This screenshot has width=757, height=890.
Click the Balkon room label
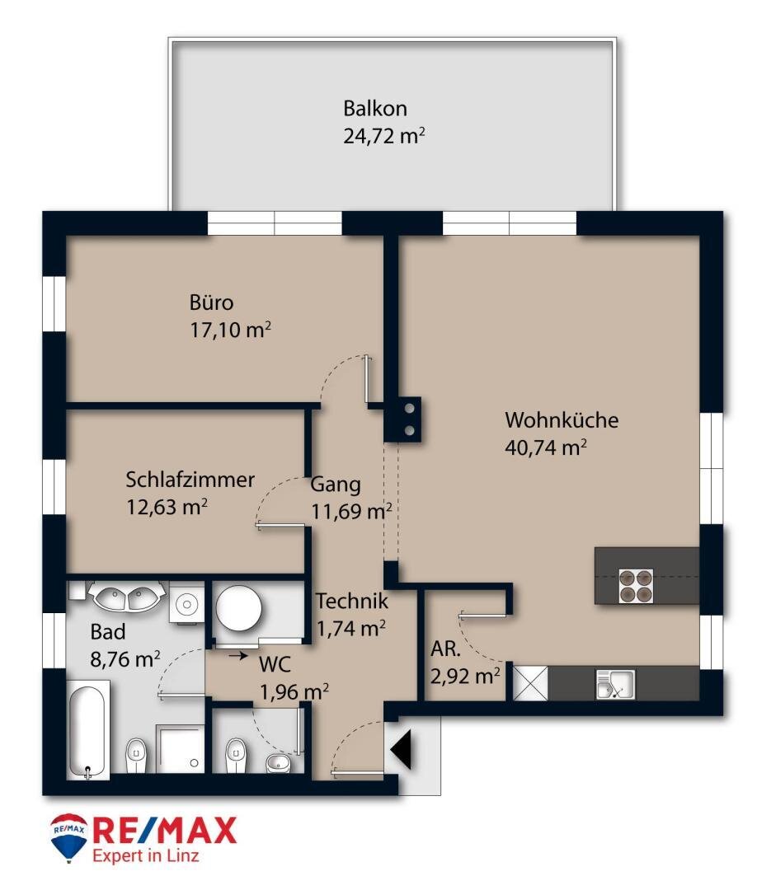coord(375,109)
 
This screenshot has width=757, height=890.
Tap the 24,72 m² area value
coord(384,135)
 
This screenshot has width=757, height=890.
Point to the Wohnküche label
coord(562,420)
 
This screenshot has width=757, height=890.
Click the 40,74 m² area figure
coord(546,447)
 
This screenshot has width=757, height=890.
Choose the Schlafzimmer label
coord(190,480)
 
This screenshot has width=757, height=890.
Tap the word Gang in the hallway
coord(336,485)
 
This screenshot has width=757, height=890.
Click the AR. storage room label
coord(446,649)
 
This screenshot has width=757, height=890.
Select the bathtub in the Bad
coord(86,731)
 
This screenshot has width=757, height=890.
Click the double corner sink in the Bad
coord(127,597)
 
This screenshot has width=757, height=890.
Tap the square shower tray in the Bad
coord(181,749)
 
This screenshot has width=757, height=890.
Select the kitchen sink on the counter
coord(615,684)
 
